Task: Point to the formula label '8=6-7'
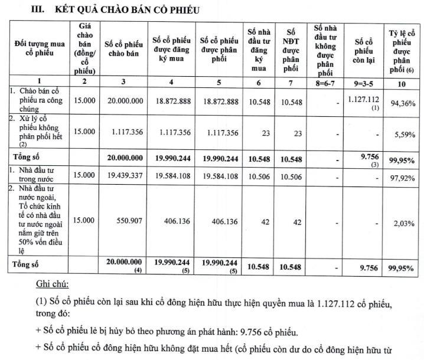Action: (x=325, y=83)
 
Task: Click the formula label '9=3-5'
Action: (x=364, y=83)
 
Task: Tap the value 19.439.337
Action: (x=124, y=175)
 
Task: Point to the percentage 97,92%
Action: (x=402, y=176)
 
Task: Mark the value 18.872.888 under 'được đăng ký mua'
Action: (x=171, y=102)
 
